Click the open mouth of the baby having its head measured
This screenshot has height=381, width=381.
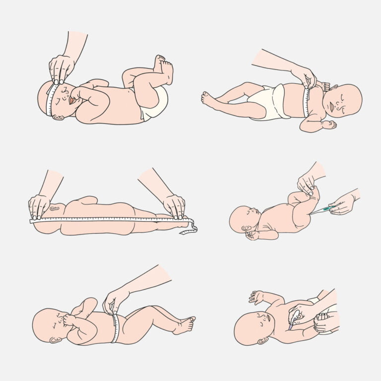click(x=73, y=100)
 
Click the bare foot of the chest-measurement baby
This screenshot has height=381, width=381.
click(x=208, y=99)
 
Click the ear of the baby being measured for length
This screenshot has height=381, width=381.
click(x=54, y=208)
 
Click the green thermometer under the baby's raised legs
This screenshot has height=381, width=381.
click(x=319, y=210)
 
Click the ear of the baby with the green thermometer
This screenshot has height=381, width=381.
click(x=247, y=228)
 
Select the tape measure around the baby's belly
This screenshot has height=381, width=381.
click(x=116, y=328)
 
